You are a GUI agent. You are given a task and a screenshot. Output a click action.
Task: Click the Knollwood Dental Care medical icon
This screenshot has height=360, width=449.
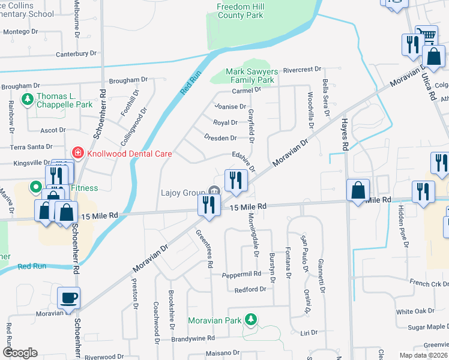(77, 154)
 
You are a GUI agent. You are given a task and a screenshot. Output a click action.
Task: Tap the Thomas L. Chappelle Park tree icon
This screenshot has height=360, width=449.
(27, 99)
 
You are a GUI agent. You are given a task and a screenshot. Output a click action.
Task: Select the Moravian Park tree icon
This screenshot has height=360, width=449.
(251, 320)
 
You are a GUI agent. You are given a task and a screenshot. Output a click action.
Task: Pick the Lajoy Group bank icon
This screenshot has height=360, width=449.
(214, 192)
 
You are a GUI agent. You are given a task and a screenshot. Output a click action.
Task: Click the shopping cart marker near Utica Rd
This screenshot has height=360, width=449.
(427, 35)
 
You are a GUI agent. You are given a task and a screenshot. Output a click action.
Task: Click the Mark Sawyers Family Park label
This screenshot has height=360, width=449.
(249, 76)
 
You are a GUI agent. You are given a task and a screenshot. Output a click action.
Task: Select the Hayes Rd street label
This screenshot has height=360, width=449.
(345, 134)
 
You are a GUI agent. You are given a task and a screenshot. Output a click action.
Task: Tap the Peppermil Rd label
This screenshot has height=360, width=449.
(241, 274)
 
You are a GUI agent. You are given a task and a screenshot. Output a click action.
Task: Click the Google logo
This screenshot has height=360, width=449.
(20, 353)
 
